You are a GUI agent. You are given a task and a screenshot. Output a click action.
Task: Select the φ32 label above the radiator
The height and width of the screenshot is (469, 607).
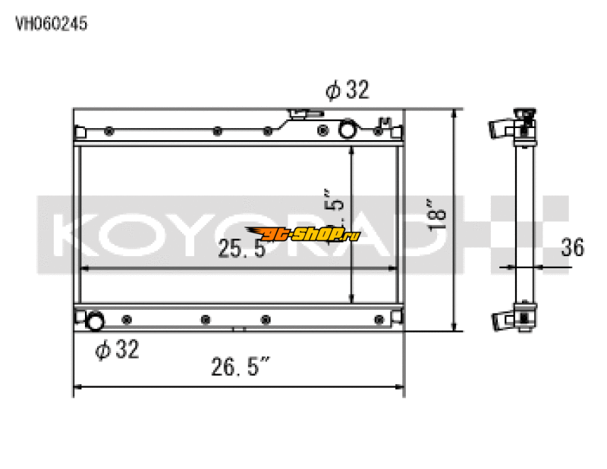click(x=347, y=91)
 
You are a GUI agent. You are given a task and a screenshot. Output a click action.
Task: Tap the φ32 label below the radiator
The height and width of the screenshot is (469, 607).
click(x=117, y=349)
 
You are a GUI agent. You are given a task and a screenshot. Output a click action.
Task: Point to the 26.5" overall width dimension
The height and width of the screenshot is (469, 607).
click(x=241, y=369)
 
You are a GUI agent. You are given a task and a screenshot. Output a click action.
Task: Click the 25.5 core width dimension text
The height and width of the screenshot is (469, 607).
click(x=241, y=249)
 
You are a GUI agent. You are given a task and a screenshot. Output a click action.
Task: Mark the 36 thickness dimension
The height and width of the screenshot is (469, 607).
click(x=573, y=248)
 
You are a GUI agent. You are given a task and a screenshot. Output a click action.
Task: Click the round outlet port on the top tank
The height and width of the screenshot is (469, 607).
click(x=347, y=130)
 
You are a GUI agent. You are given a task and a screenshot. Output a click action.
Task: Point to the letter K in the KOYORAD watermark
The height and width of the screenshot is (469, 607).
click(x=73, y=235)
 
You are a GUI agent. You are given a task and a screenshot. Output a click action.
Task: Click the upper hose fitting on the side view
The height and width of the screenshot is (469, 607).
click(x=502, y=128)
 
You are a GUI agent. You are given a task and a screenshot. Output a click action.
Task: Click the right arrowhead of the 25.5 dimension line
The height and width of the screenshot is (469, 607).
click(x=395, y=267)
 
